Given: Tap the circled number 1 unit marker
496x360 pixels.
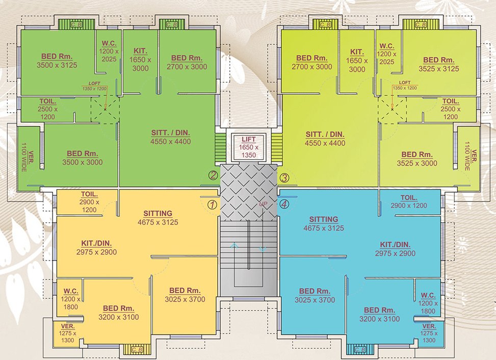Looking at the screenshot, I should tap(213, 204).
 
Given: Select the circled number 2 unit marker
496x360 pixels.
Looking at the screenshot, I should tap(213, 176).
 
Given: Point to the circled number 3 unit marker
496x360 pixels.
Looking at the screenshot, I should tap(284, 178).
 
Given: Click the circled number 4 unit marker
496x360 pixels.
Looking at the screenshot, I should tap(284, 204).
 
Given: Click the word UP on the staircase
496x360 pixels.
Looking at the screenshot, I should tap(263, 204).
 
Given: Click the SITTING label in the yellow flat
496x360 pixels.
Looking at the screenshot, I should tap(158, 213).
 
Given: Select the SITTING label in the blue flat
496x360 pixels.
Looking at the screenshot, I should tap(323, 219).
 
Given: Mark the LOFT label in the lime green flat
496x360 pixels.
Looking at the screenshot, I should tap(405, 83).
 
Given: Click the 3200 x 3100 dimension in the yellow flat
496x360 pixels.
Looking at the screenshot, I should tap(118, 317).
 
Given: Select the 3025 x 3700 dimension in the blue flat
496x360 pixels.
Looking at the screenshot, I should tap(315, 300).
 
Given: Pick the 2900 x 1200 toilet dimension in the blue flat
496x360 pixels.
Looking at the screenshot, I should tap(409, 205).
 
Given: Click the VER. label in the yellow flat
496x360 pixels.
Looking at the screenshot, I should tap(67, 326).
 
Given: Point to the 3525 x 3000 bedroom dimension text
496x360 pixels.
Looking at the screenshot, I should tap(417, 163).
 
